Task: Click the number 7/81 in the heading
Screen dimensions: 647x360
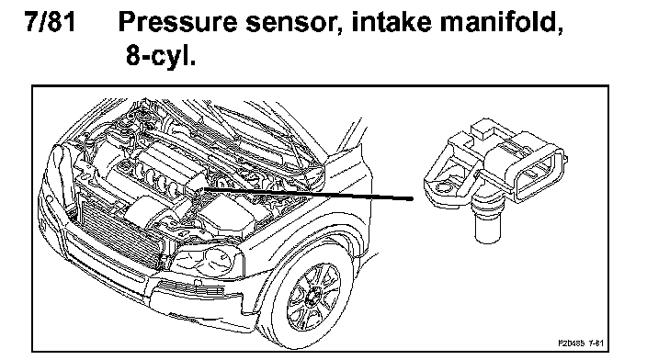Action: click(x=51, y=21)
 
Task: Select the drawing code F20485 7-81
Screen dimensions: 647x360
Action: click(x=581, y=343)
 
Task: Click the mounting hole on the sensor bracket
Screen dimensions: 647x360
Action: click(x=442, y=187)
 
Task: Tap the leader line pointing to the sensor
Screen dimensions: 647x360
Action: click(x=307, y=194)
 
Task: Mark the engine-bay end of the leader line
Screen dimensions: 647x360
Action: click(x=203, y=189)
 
